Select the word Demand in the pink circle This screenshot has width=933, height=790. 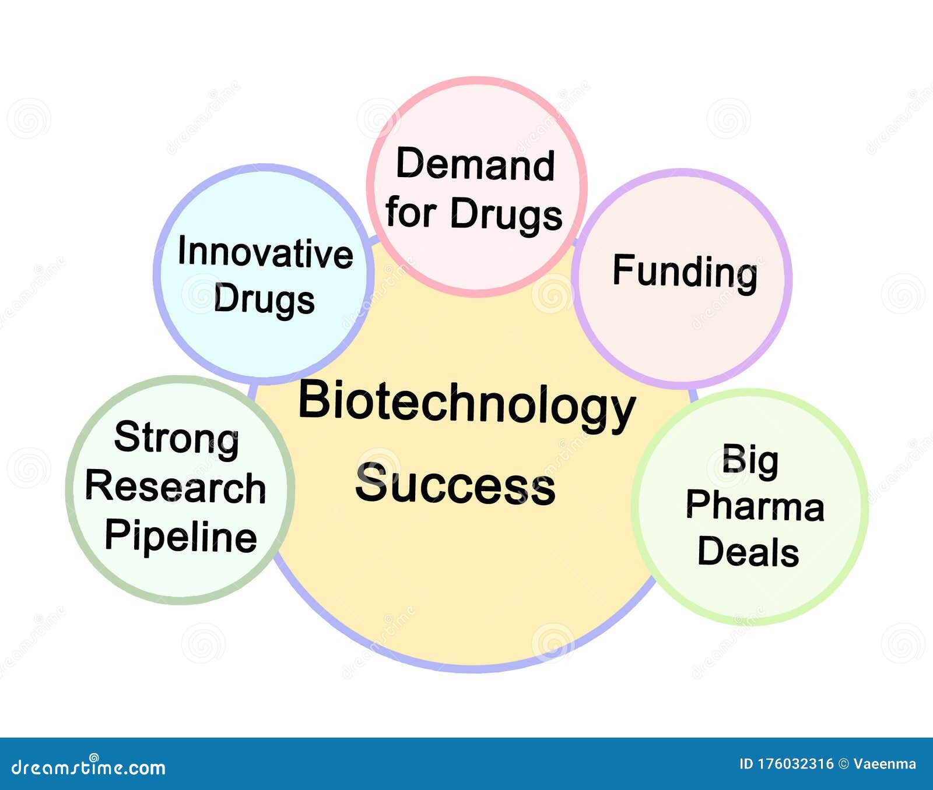(475, 164)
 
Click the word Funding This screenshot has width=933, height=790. (685, 272)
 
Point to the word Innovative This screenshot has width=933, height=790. (265, 253)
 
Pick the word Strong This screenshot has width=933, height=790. (177, 438)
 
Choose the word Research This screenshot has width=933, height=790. (176, 487)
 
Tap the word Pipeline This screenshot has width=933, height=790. (181, 536)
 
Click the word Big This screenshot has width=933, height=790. (750, 460)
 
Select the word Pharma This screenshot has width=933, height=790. (755, 505)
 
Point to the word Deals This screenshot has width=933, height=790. (748, 551)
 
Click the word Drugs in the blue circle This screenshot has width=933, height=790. (264, 299)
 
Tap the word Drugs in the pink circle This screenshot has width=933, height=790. (506, 214)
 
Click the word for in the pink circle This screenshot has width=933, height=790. (411, 212)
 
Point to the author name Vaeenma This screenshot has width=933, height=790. (885, 764)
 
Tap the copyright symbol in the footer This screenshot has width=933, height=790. (843, 764)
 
